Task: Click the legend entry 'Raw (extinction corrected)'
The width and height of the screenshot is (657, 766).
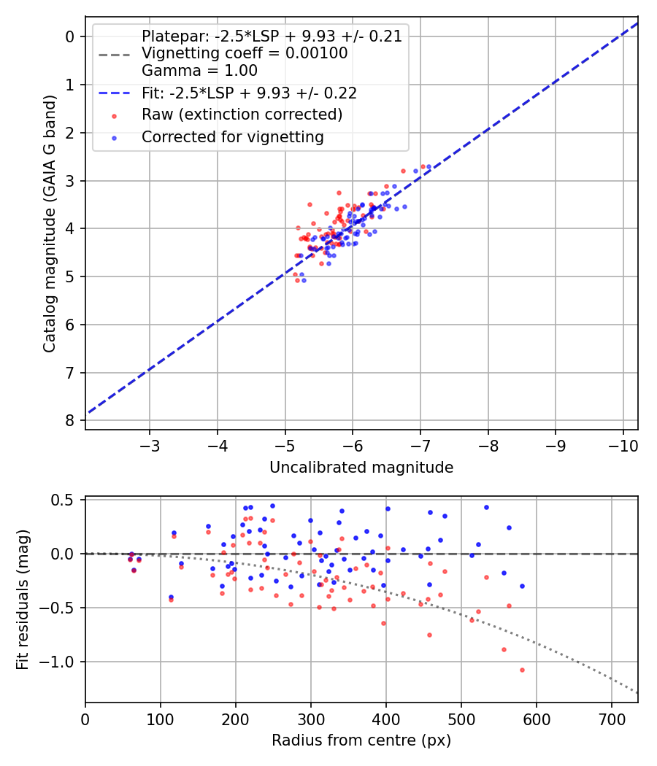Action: tap(242, 115)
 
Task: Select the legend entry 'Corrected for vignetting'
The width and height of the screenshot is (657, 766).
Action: tap(233, 136)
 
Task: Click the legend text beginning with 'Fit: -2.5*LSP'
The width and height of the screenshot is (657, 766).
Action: tap(249, 93)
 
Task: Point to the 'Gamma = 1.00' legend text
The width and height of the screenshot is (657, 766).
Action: tap(199, 71)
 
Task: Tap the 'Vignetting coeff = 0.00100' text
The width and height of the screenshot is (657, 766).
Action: tap(245, 53)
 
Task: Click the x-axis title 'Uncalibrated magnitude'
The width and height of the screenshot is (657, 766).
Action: tap(361, 468)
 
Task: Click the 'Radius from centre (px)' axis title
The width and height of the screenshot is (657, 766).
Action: tap(361, 740)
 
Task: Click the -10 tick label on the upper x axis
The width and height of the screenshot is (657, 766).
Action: tap(623, 444)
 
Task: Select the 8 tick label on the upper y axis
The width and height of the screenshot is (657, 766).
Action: tap(70, 420)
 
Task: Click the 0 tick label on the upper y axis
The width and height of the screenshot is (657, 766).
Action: tap(70, 36)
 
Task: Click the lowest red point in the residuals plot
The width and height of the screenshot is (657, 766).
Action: tap(522, 670)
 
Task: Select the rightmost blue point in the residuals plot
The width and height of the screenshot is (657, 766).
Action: tap(522, 586)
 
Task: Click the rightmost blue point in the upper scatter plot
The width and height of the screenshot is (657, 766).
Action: tap(429, 167)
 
